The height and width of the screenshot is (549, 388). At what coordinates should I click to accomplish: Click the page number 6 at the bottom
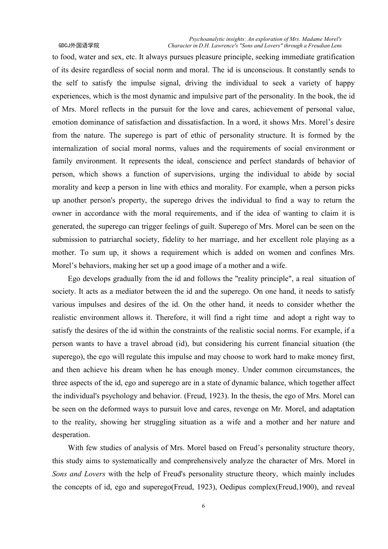tap(203, 506)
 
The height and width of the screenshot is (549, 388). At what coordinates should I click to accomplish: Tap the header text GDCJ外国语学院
tap(79, 46)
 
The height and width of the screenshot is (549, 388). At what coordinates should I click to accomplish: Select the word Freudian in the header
tap(314, 46)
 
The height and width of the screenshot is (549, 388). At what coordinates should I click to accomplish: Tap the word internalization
tap(75, 148)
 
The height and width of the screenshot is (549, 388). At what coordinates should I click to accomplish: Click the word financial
tap(297, 344)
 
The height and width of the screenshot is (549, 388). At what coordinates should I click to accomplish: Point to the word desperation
tap(71, 435)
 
